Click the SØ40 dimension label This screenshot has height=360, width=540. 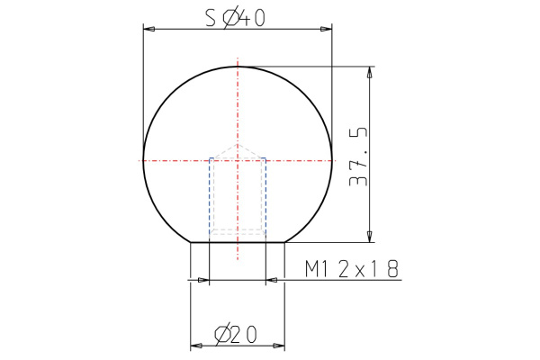coord(236,18)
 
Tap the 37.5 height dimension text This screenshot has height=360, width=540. coord(358,157)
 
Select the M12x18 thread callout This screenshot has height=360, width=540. coord(352,269)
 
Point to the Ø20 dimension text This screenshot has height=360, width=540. coord(236,335)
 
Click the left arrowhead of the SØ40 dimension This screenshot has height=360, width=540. coord(148,30)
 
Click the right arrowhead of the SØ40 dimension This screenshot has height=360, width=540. coord(327,30)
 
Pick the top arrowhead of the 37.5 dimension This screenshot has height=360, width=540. coord(370,72)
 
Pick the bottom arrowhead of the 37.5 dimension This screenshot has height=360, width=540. coord(370,237)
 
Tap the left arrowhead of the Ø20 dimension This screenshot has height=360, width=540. coord(196,345)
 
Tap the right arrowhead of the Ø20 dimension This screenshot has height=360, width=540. coord(279,345)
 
